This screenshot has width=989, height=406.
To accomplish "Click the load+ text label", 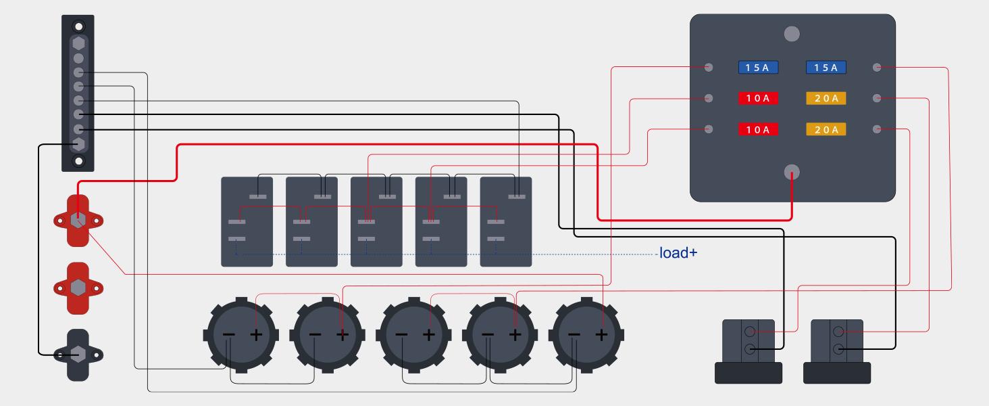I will [x=678, y=254].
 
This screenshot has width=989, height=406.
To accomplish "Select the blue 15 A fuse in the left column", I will [x=758, y=68].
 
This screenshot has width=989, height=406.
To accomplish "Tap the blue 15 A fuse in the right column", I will [x=826, y=68].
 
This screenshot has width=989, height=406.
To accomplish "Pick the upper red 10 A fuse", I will [x=758, y=99].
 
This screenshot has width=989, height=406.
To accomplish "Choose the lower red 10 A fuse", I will [x=758, y=129].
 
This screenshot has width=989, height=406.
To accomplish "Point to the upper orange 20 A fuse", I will [x=826, y=99].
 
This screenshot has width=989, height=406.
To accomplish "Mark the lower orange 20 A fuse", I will [x=826, y=129].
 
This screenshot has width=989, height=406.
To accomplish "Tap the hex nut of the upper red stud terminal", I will [x=78, y=220].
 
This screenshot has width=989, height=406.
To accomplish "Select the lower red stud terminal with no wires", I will [x=78, y=288].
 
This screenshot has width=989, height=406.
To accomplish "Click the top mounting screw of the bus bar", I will [x=79, y=27].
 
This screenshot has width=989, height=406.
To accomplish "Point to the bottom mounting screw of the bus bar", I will [x=79, y=161].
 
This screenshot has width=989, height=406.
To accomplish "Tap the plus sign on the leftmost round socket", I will [x=256, y=334].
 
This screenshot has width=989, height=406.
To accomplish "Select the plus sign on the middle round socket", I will [x=429, y=334].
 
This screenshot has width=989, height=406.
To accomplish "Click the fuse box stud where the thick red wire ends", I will [x=792, y=173].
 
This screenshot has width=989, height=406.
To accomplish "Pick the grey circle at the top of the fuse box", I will [x=792, y=33].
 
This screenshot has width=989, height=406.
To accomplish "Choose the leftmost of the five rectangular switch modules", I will [x=247, y=222].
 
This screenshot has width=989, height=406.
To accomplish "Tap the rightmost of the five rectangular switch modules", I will [x=506, y=222].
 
